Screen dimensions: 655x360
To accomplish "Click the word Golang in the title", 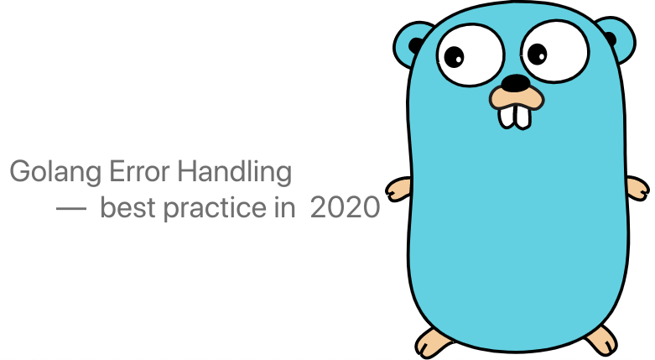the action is point(55,172).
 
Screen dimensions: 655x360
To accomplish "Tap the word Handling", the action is point(234,172).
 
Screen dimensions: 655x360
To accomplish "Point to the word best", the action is point(127,206).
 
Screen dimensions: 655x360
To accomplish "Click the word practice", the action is point(215,208).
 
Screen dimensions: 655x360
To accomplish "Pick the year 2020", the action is point(345,207).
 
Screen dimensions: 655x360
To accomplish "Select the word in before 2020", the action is point(284,206).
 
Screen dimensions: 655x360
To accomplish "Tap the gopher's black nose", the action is point(516,83).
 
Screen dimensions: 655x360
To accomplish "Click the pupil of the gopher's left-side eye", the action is point(454,57).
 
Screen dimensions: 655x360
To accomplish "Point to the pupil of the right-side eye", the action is point(538,55).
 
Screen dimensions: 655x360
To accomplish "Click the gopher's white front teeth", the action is point(515,117).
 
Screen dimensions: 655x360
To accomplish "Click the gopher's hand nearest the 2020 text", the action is point(398,190).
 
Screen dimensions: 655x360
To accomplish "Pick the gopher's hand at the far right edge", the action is point(638,188).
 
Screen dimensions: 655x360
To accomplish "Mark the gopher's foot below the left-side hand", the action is point(433,342).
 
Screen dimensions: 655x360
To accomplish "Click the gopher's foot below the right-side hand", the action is point(601,340).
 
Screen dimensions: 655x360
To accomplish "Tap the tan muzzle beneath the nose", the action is point(517,99).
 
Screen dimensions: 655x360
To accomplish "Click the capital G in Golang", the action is point(18,171).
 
